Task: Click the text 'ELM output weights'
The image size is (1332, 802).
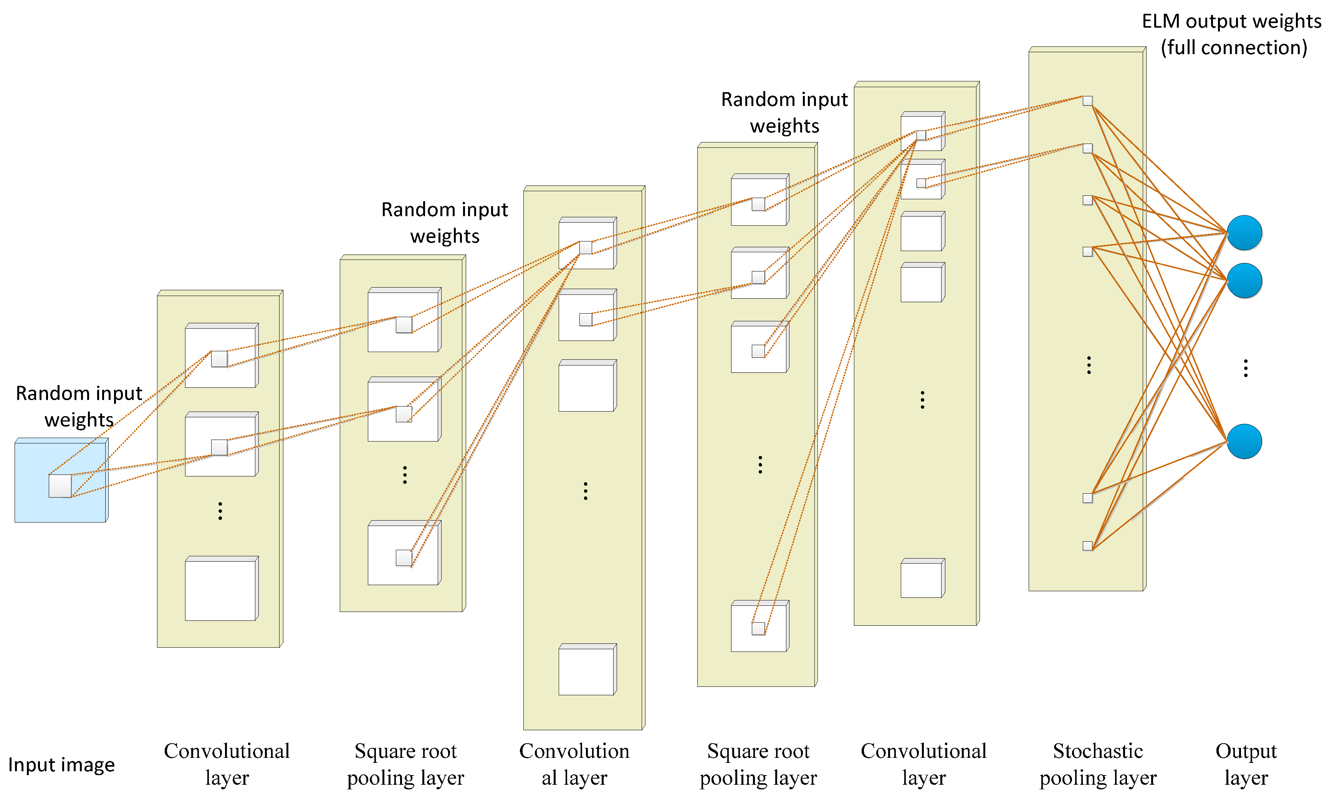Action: point(1231,21)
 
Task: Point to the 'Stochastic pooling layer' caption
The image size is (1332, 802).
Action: point(1097,764)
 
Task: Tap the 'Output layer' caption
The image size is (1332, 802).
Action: point(1246,764)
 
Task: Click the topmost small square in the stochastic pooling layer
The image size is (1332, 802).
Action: point(1087,101)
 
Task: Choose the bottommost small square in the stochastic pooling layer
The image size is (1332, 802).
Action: point(1087,546)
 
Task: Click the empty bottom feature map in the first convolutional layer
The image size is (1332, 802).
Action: point(220,590)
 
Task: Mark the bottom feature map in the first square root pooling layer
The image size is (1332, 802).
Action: point(404,554)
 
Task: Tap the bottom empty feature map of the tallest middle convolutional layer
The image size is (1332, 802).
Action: point(586,671)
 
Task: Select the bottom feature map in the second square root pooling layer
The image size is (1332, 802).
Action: point(759,627)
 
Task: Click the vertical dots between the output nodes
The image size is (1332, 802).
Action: point(1246,368)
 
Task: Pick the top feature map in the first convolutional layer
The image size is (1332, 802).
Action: point(220,357)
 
